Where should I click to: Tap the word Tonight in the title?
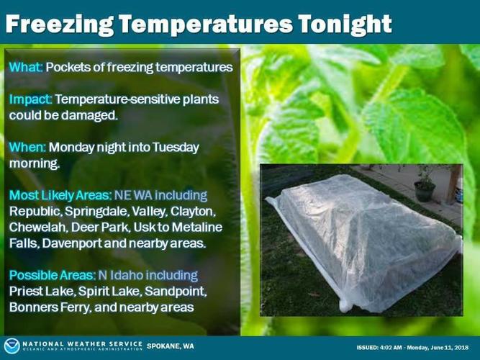345,24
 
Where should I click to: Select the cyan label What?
26,67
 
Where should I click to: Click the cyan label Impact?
30,99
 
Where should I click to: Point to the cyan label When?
27,147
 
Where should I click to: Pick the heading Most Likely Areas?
60,195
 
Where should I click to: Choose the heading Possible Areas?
53,275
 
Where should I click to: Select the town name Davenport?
72,243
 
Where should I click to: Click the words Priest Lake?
42,291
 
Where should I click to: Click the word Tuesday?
176,148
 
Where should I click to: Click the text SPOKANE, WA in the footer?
171,346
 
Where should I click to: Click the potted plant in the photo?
425,184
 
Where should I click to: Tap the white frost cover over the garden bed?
363,242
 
